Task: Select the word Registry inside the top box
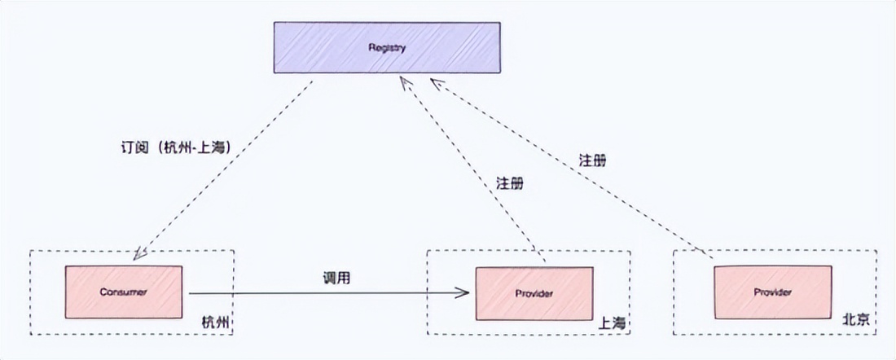[386, 48]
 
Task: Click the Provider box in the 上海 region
[534, 292]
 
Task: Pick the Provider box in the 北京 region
[772, 292]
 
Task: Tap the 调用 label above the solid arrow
[337, 278]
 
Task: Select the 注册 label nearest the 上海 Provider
[510, 183]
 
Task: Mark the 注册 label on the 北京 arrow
[593, 160]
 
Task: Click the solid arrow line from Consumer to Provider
[326, 292]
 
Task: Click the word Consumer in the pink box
[123, 292]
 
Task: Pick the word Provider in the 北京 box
[772, 292]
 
